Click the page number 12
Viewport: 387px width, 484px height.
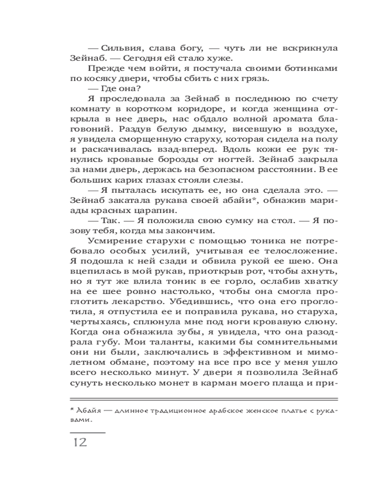click(79, 442)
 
